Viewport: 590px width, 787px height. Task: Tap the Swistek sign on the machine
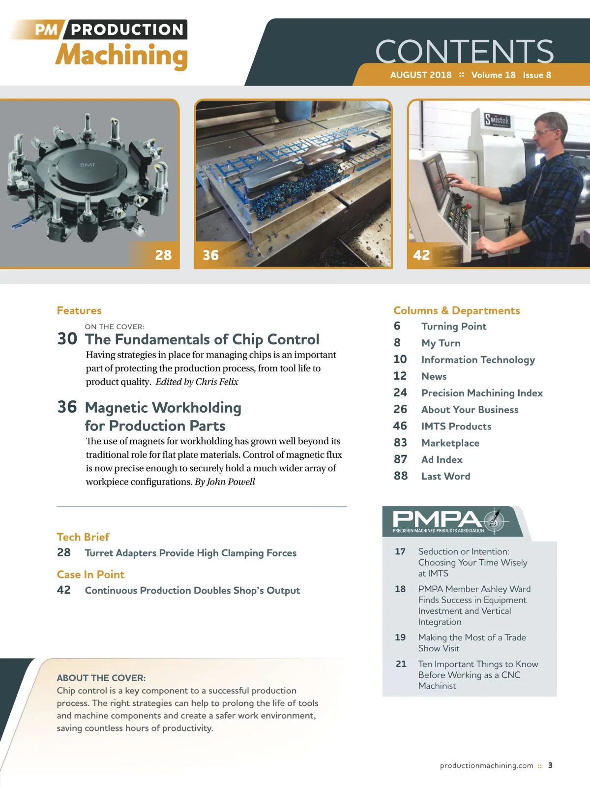497,120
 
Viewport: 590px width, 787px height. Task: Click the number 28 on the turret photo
163,255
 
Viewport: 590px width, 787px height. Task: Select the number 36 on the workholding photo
210,255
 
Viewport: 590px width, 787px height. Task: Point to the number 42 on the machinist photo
421,255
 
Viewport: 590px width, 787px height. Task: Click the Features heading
79,310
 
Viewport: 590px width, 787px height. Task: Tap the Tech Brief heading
83,537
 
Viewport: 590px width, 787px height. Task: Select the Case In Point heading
90,575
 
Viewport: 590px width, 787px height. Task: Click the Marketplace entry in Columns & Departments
450,443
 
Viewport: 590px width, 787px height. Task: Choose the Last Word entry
445,476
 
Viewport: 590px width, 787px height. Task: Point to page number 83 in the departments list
400,443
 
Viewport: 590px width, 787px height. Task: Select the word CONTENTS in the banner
464,52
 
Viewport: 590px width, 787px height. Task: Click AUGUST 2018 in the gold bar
420,75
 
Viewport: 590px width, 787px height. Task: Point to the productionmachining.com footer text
486,765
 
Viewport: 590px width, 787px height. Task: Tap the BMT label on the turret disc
88,165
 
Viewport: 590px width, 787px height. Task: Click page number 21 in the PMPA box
401,664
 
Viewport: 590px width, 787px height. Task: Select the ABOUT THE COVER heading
101,678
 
